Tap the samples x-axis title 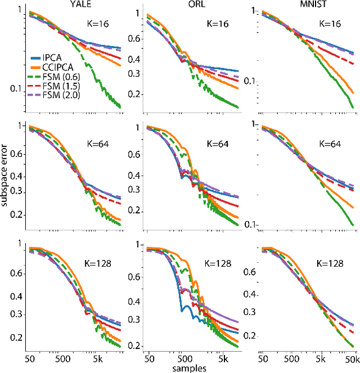[x=191, y=368]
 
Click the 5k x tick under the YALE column [x=97, y=358]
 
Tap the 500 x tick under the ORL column [x=182, y=358]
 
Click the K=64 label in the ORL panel [x=214, y=143]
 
